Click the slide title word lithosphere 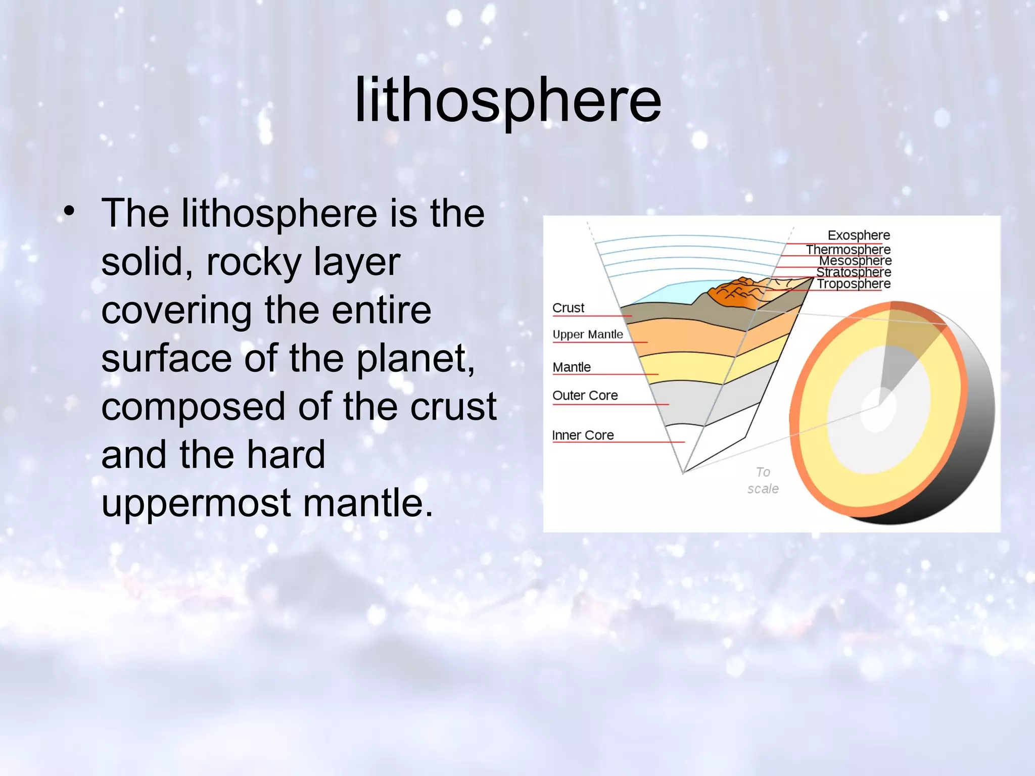coord(507,100)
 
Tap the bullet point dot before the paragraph coord(69,211)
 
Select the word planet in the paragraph coord(414,359)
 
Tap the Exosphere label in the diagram coord(858,235)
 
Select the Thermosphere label coord(848,250)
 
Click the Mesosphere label coord(855,261)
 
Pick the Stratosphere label coord(854,272)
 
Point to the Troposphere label coord(854,284)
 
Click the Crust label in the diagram coord(568,308)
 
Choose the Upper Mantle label coord(587,334)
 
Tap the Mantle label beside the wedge coord(571,367)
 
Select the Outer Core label coord(585,396)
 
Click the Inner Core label coord(583,435)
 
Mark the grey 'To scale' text coord(763,480)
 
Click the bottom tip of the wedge coord(683,472)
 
